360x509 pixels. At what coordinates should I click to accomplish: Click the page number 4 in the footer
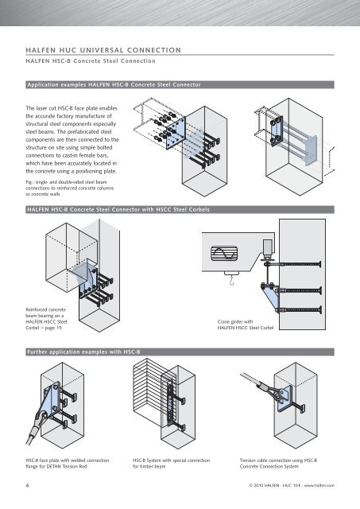point(27,485)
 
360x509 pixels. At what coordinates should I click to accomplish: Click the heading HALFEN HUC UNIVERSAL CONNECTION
point(103,50)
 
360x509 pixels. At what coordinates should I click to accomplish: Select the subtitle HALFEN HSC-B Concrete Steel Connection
point(91,61)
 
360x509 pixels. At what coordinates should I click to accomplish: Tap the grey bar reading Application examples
point(180,85)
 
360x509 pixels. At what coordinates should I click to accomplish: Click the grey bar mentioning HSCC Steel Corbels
point(180,209)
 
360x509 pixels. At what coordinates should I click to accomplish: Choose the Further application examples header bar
point(180,352)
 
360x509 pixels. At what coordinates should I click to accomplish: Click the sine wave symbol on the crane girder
point(224,254)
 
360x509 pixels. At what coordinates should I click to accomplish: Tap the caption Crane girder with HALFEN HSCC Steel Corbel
point(246,324)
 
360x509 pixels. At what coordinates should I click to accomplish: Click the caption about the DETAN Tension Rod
point(68,463)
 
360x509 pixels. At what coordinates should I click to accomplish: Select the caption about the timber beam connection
point(171,463)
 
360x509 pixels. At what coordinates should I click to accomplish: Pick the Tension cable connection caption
point(279,463)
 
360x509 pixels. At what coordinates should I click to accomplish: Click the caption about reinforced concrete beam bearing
point(46,318)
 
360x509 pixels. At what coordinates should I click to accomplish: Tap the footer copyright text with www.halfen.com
point(292,486)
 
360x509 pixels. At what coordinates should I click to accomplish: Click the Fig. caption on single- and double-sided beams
point(70,188)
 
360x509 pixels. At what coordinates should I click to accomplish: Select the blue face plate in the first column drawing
point(176,133)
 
